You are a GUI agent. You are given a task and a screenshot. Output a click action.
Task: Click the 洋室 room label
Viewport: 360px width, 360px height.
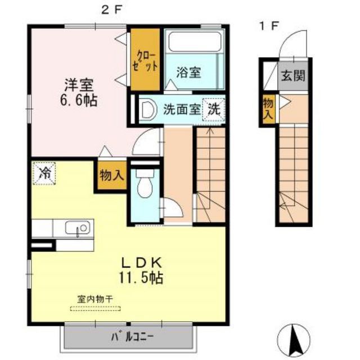coord(79,85)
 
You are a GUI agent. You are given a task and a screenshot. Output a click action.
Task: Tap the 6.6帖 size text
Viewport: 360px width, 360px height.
coord(79,101)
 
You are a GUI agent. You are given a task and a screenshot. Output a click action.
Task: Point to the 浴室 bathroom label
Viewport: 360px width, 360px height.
coord(188,73)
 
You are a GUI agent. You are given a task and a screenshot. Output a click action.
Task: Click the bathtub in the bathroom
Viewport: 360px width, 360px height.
coord(194,43)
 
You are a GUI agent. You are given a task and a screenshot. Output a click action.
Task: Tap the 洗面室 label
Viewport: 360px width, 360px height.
coord(182,109)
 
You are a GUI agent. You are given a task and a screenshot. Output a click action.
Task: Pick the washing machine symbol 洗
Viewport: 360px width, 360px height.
coord(215,108)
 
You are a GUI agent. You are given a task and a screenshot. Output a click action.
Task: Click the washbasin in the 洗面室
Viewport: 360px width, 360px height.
coord(148,109)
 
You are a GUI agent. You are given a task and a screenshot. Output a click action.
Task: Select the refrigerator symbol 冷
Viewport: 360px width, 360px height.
coord(43,173)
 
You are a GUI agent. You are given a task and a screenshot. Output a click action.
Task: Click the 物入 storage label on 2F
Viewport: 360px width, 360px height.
coord(111,175)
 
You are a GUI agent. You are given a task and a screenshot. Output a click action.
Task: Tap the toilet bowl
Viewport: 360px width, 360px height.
coord(145,187)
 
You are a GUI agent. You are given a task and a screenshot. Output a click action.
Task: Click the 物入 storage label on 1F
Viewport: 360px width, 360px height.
coord(268,107)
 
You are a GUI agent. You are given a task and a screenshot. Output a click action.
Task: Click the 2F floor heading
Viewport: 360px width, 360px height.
coord(112,10)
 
